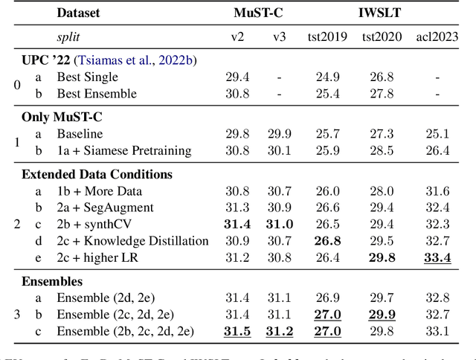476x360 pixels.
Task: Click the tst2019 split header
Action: (328, 36)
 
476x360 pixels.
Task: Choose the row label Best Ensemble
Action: (97, 93)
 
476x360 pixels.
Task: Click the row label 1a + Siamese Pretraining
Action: (124, 150)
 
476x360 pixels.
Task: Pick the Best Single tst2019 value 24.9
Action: (328, 77)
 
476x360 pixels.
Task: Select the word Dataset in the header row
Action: (78, 13)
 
